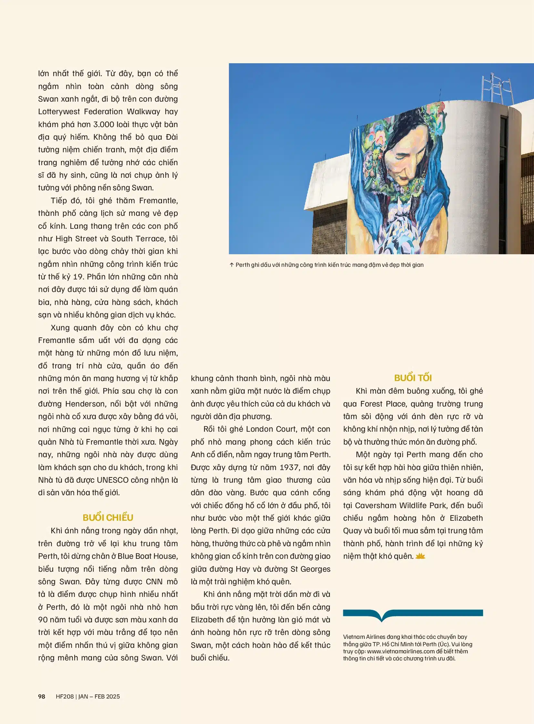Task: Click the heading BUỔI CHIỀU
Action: [108, 518]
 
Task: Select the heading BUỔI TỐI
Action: [413, 378]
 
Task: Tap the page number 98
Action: [42, 696]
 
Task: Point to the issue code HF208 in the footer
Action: [65, 696]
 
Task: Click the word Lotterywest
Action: [59, 112]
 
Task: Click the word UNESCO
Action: [112, 480]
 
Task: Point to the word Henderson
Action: [85, 404]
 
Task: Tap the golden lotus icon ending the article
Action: [420, 556]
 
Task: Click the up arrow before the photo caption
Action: [231, 265]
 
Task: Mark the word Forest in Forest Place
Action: [371, 404]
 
